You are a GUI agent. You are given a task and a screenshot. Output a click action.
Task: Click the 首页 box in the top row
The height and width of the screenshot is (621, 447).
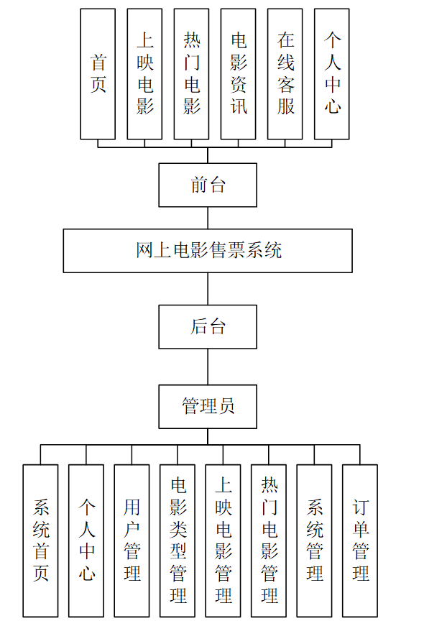98,74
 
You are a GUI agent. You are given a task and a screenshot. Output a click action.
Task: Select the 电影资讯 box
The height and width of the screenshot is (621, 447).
238,74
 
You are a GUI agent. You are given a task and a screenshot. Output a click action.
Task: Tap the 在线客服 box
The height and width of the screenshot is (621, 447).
285,74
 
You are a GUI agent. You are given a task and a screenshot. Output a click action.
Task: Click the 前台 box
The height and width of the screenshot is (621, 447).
208,185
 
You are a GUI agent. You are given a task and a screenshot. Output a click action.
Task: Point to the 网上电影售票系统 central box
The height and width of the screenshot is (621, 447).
208,251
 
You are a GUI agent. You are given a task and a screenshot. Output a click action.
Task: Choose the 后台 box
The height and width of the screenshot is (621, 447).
208,327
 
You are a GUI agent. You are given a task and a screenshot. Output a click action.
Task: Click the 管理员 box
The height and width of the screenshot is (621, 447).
208,406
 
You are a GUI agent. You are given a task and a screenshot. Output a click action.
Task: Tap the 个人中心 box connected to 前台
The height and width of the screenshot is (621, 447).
331,74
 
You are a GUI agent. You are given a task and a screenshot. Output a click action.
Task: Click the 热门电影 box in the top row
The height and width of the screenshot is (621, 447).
191,74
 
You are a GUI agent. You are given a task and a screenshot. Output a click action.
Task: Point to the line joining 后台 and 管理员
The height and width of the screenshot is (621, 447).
208,367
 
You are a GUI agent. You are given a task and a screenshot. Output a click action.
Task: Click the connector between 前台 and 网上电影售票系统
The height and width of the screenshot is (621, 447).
208,218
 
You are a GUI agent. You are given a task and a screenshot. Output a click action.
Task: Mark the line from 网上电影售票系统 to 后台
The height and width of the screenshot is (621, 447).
208,289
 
